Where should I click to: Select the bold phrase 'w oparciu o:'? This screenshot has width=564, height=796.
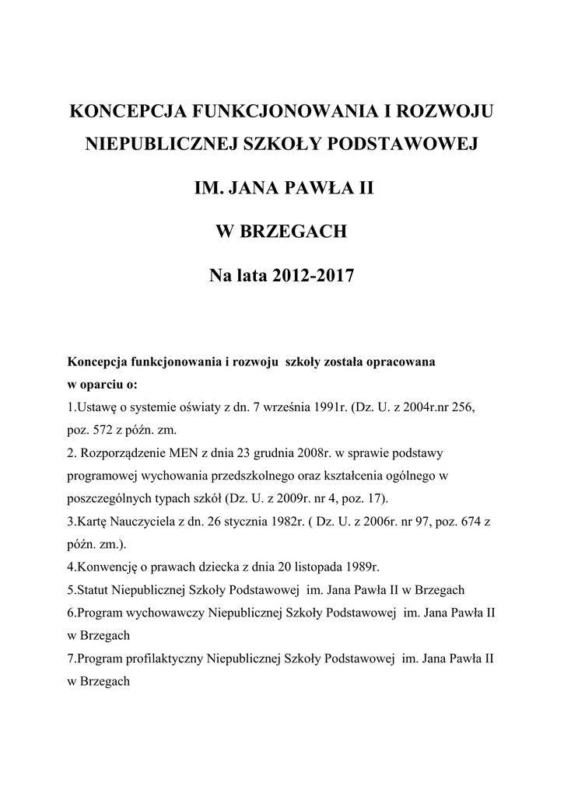[x=102, y=385]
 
